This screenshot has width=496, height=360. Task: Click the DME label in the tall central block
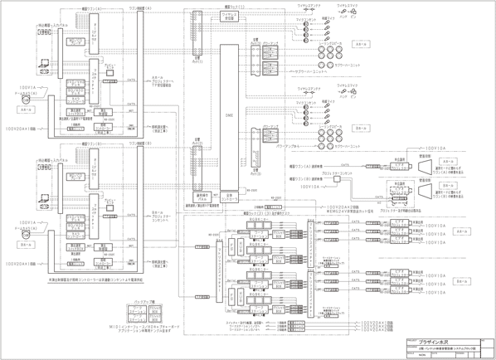230,119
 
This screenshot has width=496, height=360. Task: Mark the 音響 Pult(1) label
197,60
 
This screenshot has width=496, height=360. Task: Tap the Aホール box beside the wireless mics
360,44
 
